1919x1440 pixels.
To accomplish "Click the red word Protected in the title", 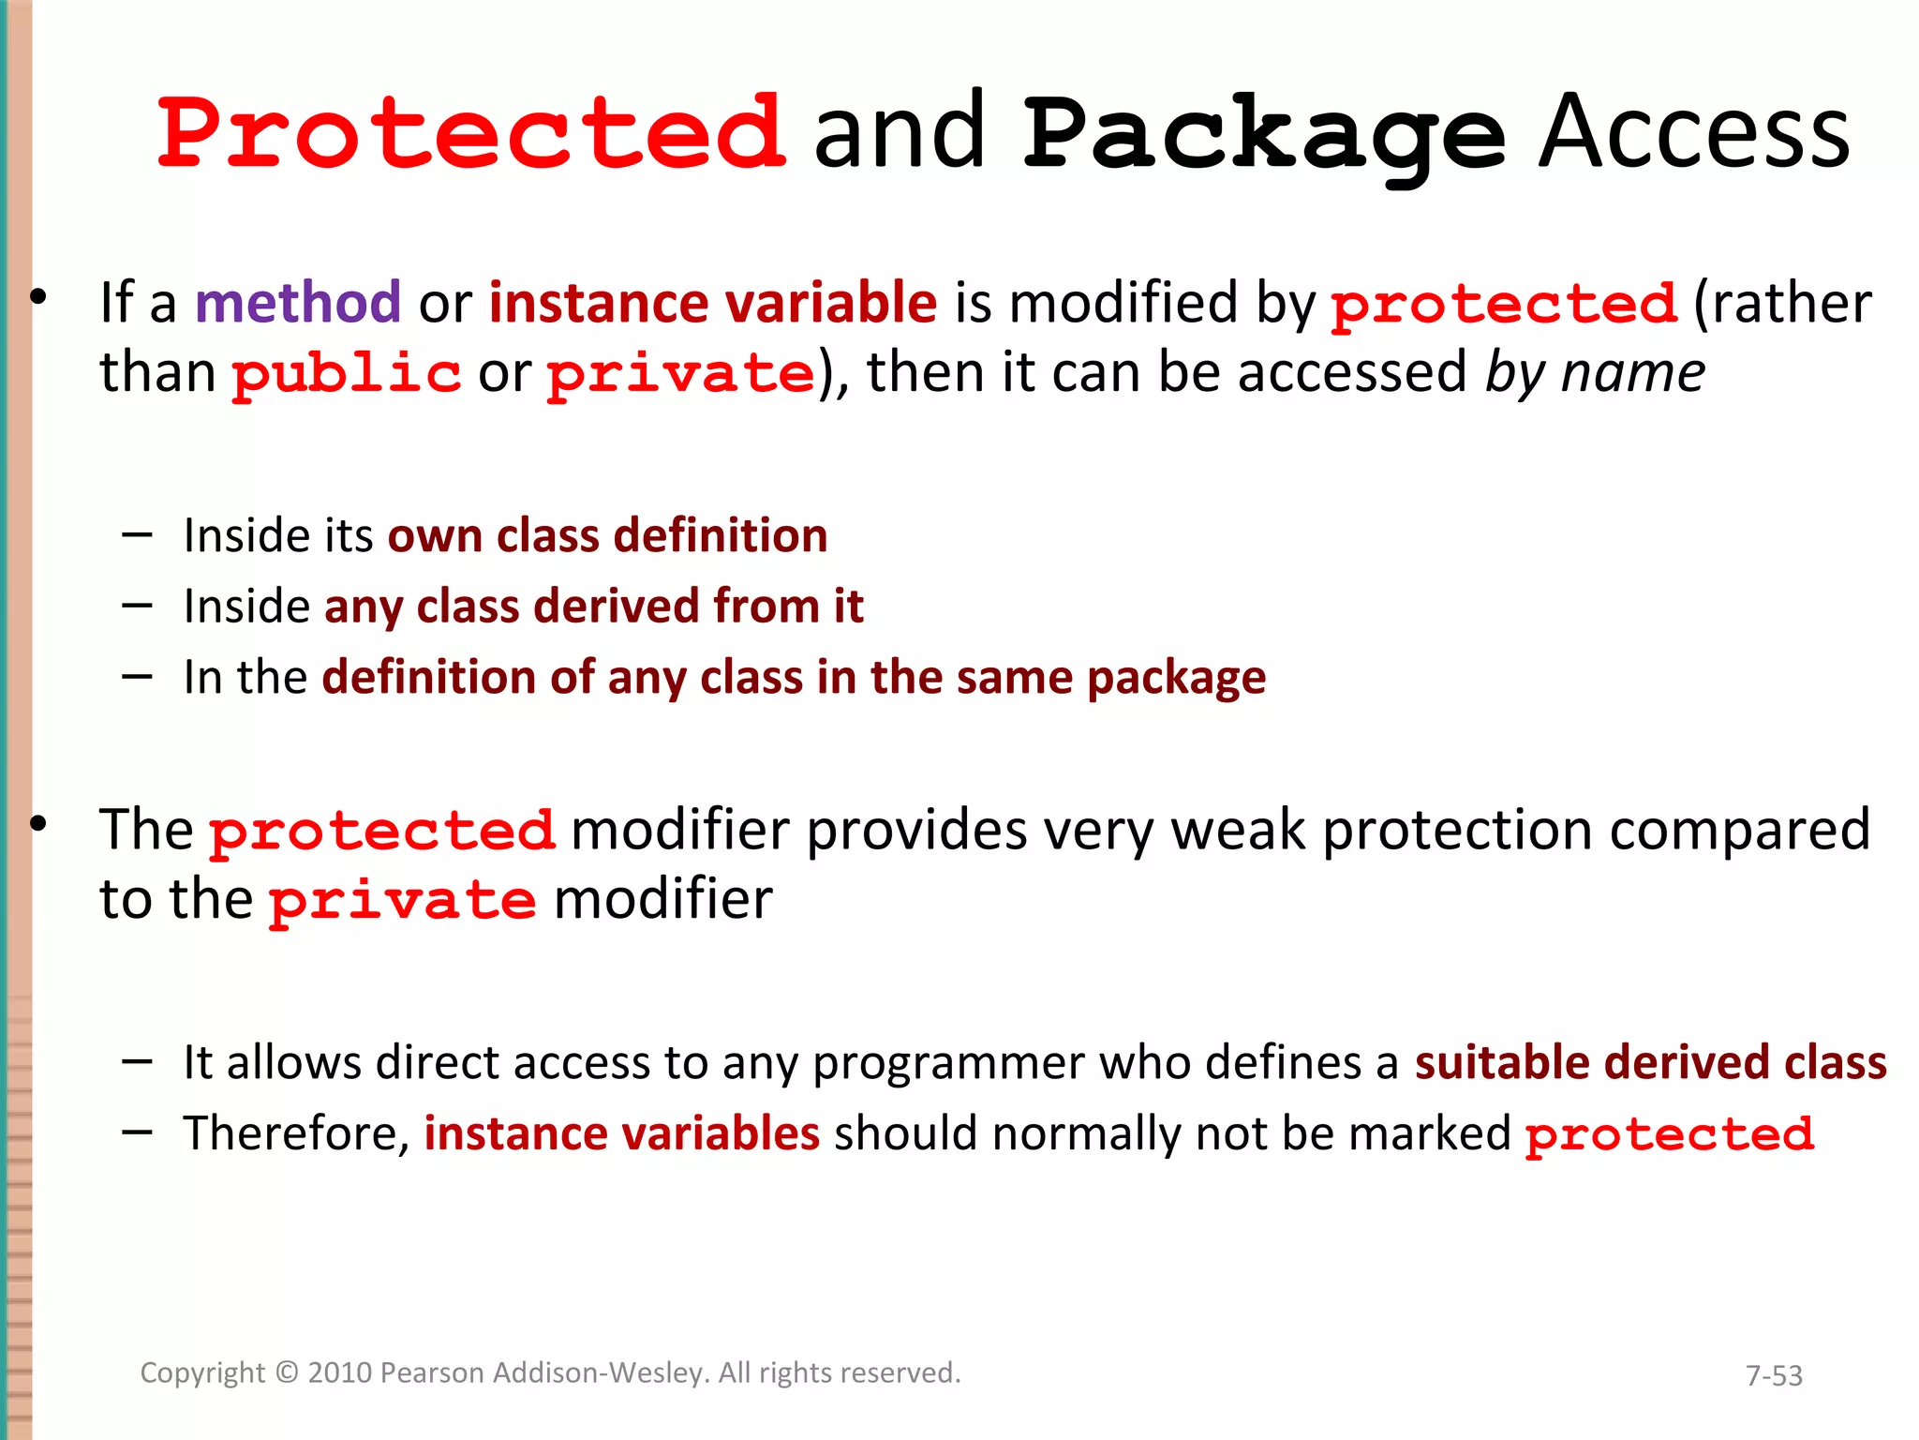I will (471, 133).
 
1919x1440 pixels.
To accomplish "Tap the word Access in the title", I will (1694, 133).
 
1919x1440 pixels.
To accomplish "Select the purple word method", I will (298, 303).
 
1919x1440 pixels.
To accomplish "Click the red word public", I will (346, 373).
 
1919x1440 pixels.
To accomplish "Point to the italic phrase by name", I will (1595, 373).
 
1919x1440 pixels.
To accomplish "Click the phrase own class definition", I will (607, 536).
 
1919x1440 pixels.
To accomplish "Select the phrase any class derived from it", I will (593, 607).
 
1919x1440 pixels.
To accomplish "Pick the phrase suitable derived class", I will (1650, 1063).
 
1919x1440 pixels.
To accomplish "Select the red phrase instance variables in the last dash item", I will (621, 1133).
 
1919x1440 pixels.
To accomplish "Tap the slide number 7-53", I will (1774, 1375).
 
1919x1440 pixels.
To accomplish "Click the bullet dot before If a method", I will (37, 298).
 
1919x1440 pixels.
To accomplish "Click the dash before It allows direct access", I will (137, 1061).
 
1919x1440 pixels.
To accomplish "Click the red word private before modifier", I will (403, 901).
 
